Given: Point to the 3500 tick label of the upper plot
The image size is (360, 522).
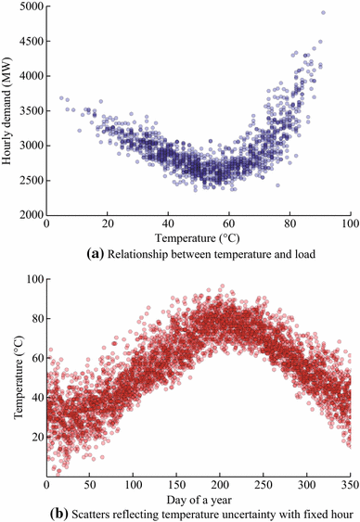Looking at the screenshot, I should (x=29, y=111).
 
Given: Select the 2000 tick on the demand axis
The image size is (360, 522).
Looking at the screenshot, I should (x=29, y=214).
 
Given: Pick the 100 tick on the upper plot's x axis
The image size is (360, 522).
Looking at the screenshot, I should (x=349, y=225).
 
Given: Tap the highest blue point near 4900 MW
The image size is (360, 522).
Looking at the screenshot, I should (x=323, y=12).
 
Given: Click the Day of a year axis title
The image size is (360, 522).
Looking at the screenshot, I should (x=198, y=498).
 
